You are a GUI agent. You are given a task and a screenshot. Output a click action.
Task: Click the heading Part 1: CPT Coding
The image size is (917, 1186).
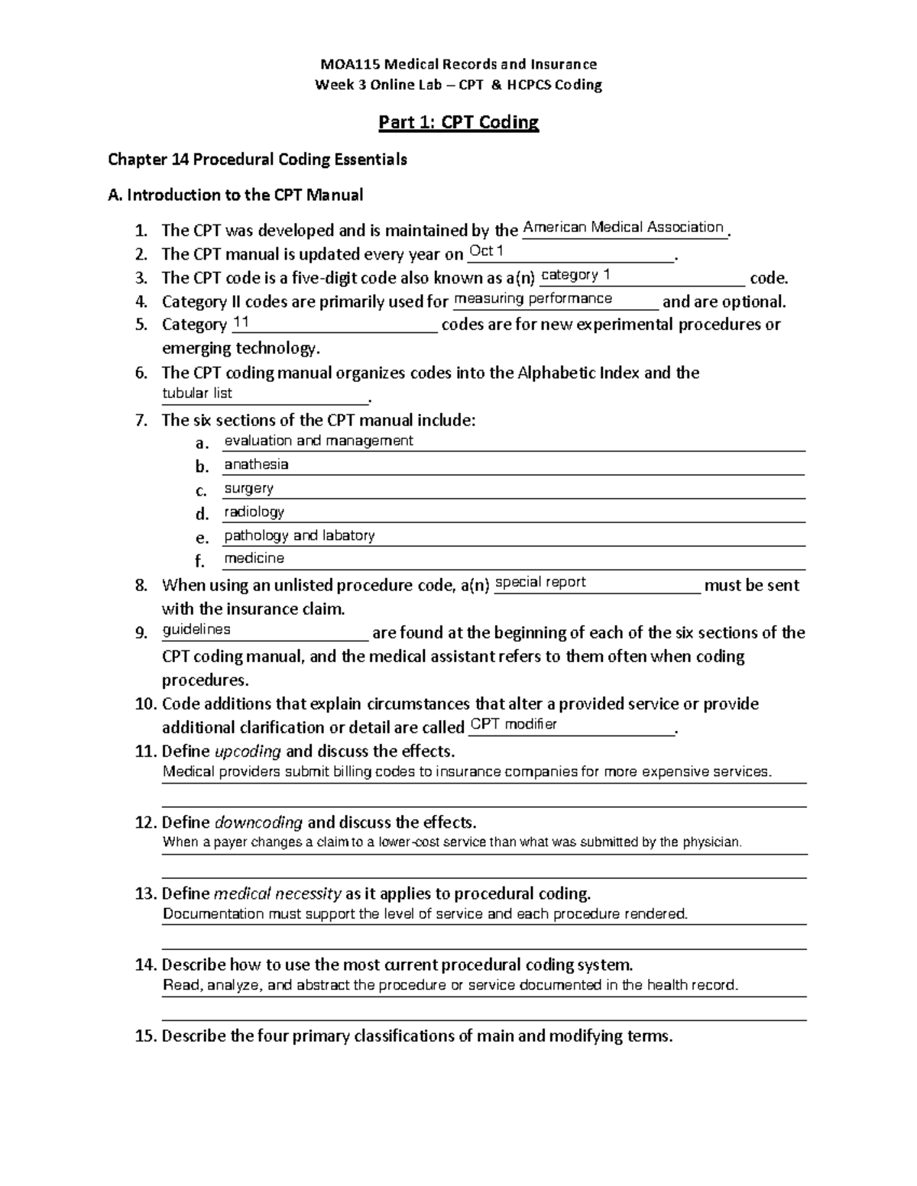point(458,122)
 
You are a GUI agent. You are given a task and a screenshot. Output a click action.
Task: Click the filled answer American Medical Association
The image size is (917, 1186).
point(623,227)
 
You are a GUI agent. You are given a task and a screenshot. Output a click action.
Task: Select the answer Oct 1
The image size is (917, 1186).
point(486,250)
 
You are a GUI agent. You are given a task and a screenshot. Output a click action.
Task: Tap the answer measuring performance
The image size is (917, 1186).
point(533,299)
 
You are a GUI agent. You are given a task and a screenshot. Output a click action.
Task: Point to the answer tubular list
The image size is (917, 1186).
point(197,393)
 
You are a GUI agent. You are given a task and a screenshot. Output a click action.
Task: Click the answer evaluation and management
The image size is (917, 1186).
point(318,441)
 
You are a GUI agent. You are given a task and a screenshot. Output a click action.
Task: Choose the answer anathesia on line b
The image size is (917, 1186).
point(256,464)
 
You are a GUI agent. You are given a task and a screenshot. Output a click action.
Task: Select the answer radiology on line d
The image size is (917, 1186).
point(254,512)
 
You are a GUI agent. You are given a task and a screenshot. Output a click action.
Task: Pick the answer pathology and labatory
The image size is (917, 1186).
point(299,535)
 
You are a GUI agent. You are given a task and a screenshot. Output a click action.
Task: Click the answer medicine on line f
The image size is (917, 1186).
point(254,558)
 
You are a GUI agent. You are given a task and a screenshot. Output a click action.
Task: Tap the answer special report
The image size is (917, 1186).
point(540,582)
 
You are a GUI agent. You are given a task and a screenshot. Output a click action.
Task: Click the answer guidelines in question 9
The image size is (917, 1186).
point(196,629)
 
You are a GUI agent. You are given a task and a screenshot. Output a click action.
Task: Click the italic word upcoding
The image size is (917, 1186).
point(248,751)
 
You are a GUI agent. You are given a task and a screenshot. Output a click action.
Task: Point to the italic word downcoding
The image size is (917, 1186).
point(258,822)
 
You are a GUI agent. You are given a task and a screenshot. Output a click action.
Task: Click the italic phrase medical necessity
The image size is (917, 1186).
point(277,894)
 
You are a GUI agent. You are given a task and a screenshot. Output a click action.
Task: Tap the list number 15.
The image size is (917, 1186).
point(145,1036)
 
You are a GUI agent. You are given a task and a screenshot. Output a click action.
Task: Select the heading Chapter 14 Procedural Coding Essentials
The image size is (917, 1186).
point(258,160)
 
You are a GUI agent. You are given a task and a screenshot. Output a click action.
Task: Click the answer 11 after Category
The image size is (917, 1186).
point(241,323)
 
